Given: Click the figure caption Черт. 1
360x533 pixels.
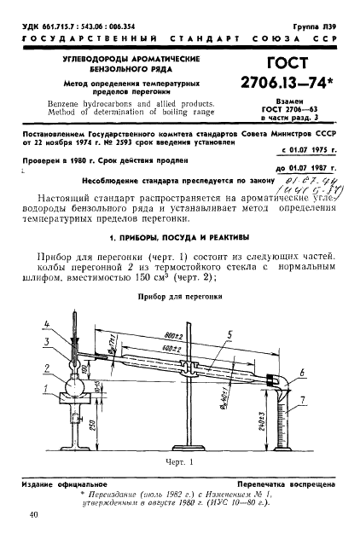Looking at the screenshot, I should pos(180,461).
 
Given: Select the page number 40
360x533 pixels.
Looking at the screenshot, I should pos(33,514).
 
